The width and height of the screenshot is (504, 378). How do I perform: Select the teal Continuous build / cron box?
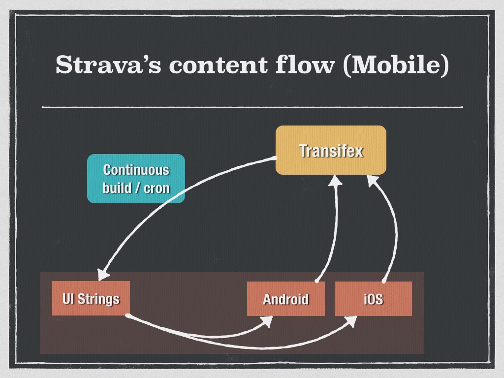coord(136,179)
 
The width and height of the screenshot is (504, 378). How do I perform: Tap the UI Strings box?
coord(91,298)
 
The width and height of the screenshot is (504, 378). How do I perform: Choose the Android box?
coord(285,299)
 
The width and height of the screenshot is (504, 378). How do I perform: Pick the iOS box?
coord(373,299)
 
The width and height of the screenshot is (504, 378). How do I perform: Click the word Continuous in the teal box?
coord(136,170)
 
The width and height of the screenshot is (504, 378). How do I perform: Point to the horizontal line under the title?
coord(252,107)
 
